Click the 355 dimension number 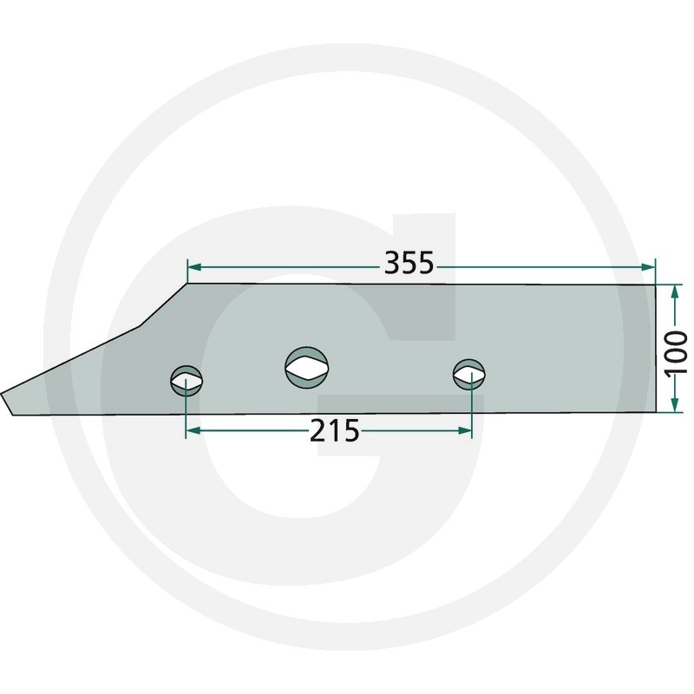coord(409,263)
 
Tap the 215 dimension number coord(334,431)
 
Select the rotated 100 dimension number coord(677,352)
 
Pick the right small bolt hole coord(469,375)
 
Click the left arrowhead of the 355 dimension coord(194,267)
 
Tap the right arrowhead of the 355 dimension coord(647,266)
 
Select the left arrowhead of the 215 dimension coord(193,430)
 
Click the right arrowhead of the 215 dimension coord(464,430)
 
